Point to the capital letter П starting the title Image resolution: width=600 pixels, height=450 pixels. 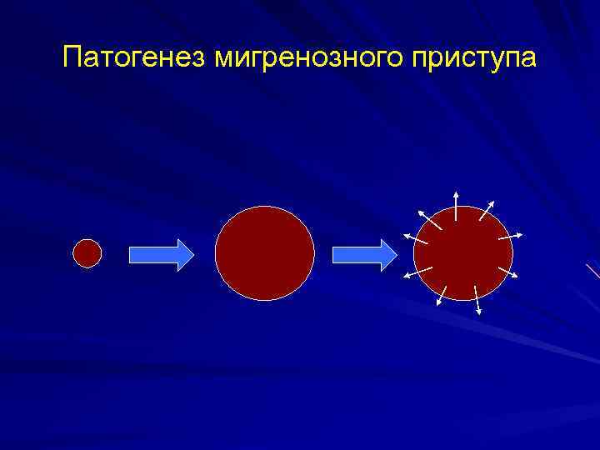pyautogui.click(x=72, y=58)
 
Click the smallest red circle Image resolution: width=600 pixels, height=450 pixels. pyautogui.click(x=87, y=252)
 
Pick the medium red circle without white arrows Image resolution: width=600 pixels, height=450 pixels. pyautogui.click(x=265, y=252)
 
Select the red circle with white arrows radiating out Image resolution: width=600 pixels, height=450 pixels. pyautogui.click(x=462, y=254)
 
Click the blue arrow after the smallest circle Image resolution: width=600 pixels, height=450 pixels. pyautogui.click(x=160, y=253)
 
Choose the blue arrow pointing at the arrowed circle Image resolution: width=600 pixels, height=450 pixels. pyautogui.click(x=364, y=254)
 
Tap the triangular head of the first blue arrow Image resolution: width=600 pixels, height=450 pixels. pyautogui.click(x=183, y=253)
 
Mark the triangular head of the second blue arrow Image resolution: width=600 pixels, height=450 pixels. pyautogui.click(x=388, y=254)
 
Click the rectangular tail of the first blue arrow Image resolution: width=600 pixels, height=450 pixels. pyautogui.click(x=151, y=253)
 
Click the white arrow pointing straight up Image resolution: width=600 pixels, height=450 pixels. pyautogui.click(x=456, y=204)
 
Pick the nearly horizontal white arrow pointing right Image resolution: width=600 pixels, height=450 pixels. pyautogui.click(x=510, y=237)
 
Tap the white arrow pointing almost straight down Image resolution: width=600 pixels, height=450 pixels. pyautogui.click(x=477, y=299)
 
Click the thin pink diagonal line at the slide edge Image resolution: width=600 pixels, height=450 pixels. pyautogui.click(x=592, y=270)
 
